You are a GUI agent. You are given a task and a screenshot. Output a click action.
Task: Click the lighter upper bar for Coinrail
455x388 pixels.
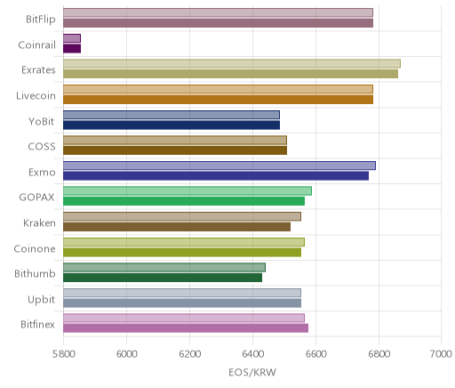[x=72, y=38]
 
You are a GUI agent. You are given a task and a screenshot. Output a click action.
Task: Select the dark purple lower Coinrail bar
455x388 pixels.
[x=72, y=49]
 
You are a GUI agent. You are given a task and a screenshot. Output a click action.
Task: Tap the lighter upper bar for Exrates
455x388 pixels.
[x=232, y=64]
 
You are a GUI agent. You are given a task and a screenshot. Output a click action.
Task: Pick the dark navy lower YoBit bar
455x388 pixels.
[x=172, y=125]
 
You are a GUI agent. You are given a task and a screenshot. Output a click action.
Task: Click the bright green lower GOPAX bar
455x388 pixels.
[x=184, y=201]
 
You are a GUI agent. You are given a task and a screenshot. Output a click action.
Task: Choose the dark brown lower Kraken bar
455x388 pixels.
[x=177, y=227]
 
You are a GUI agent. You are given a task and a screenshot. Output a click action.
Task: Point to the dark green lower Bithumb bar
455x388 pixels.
[x=163, y=278]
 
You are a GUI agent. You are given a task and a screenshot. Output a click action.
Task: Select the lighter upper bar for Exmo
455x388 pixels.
[x=220, y=166]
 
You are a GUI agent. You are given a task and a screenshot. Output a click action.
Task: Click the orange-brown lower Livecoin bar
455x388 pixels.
[x=218, y=100]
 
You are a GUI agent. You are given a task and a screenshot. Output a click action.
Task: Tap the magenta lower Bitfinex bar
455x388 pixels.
[x=186, y=328]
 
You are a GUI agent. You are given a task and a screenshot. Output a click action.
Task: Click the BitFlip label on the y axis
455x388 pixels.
[x=41, y=20]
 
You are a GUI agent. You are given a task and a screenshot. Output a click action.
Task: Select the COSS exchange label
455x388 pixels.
[x=42, y=147]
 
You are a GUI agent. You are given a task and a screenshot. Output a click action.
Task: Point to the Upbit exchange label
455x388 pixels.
[x=41, y=300]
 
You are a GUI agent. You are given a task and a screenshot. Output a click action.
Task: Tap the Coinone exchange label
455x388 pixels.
[x=35, y=248]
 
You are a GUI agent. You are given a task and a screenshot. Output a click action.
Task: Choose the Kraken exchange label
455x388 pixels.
[x=39, y=222]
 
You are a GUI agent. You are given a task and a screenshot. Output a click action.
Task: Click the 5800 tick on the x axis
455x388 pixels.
[x=63, y=354]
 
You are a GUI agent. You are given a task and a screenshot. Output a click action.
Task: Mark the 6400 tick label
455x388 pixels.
[x=253, y=354]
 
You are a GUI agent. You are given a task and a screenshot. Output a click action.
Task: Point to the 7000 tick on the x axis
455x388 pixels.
[x=442, y=354]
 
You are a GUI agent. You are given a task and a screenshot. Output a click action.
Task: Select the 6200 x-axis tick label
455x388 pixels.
[x=190, y=354]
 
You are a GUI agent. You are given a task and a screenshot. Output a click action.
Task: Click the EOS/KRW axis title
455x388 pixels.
[x=252, y=372]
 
